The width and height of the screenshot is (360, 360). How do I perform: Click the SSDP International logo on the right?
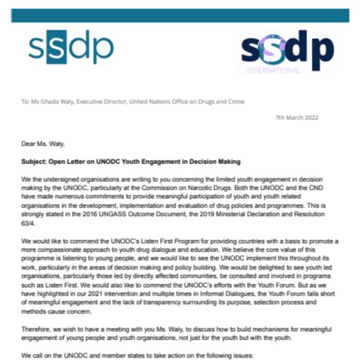click(x=287, y=51)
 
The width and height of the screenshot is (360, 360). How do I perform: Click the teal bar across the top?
click(x=179, y=16)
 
